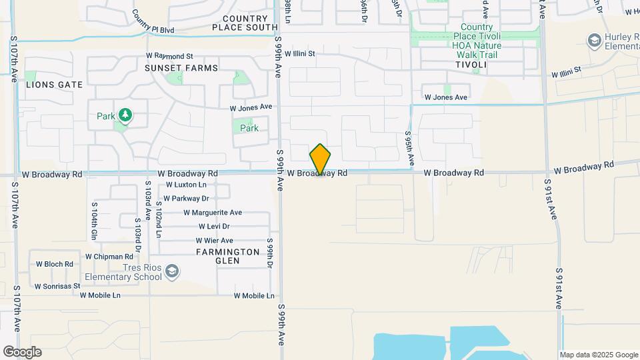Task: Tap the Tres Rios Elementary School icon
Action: tap(172, 271)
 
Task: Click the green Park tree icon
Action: tap(125, 116)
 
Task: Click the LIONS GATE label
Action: tap(54, 85)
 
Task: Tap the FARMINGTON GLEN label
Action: tap(227, 257)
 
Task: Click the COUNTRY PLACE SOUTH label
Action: tap(245, 23)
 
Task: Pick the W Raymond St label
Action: tap(169, 57)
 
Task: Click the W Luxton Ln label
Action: tap(187, 185)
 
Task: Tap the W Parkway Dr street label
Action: tap(187, 198)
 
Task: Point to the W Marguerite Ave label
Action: tap(213, 213)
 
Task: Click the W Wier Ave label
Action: tap(214, 241)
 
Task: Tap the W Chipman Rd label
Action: tap(109, 257)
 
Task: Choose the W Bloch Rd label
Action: tap(55, 264)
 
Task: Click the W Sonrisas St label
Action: tap(57, 285)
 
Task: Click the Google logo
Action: tap(22, 352)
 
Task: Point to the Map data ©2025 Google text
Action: tap(599, 355)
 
